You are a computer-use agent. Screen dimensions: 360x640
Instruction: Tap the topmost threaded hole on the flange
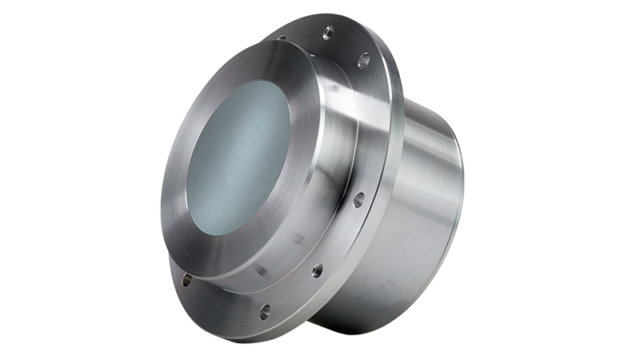click(327, 33)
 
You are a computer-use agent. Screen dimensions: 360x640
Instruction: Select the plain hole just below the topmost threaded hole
click(363, 58)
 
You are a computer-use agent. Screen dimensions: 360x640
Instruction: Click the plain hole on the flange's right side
click(358, 198)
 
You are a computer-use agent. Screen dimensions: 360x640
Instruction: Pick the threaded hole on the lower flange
click(318, 270)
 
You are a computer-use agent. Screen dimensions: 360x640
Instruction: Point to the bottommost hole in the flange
click(264, 311)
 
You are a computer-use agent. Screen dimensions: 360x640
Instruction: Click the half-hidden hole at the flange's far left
click(186, 280)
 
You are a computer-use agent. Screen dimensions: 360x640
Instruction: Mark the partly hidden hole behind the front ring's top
click(282, 38)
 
